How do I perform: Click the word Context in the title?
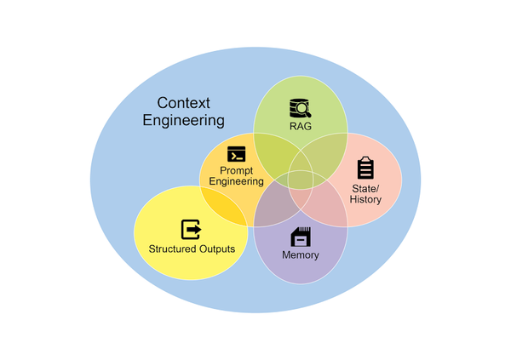185,103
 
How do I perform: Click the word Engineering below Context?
183,121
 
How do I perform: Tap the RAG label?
301,126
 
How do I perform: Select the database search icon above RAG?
301,107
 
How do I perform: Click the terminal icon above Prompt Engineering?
236,154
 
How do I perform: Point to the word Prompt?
236,169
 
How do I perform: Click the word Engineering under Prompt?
236,181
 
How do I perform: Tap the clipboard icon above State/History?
365,168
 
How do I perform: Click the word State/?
365,188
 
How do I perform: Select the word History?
365,200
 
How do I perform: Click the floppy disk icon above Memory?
300,237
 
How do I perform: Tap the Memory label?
300,254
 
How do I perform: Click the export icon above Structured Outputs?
192,229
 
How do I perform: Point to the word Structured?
168,249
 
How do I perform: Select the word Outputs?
215,249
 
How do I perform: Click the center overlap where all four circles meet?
299,179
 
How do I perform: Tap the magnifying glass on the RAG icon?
306,111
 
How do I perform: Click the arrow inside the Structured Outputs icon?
195,229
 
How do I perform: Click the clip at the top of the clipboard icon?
365,158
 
